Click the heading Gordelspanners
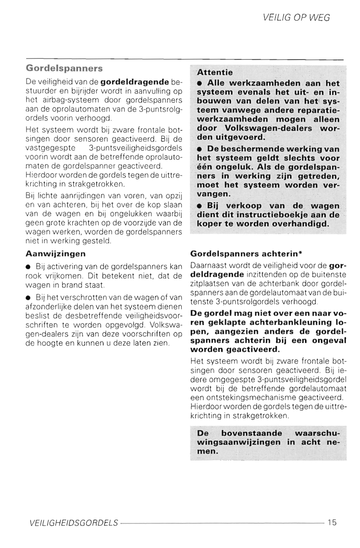pyautogui.click(x=64, y=69)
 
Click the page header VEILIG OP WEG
pyautogui.click(x=296, y=18)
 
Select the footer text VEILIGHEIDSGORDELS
pyautogui.click(x=74, y=523)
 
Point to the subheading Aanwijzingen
pyautogui.click(x=55, y=254)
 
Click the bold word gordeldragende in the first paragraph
pyautogui.click(x=134, y=82)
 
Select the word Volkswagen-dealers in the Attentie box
pyautogui.click(x=268, y=128)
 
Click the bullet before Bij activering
pyautogui.click(x=29, y=267)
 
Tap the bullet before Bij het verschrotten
pyautogui.click(x=29, y=298)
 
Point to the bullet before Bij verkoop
pyautogui.click(x=199, y=206)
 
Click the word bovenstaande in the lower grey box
pyautogui.click(x=251, y=433)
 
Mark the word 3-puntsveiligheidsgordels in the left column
pyautogui.click(x=135, y=148)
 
